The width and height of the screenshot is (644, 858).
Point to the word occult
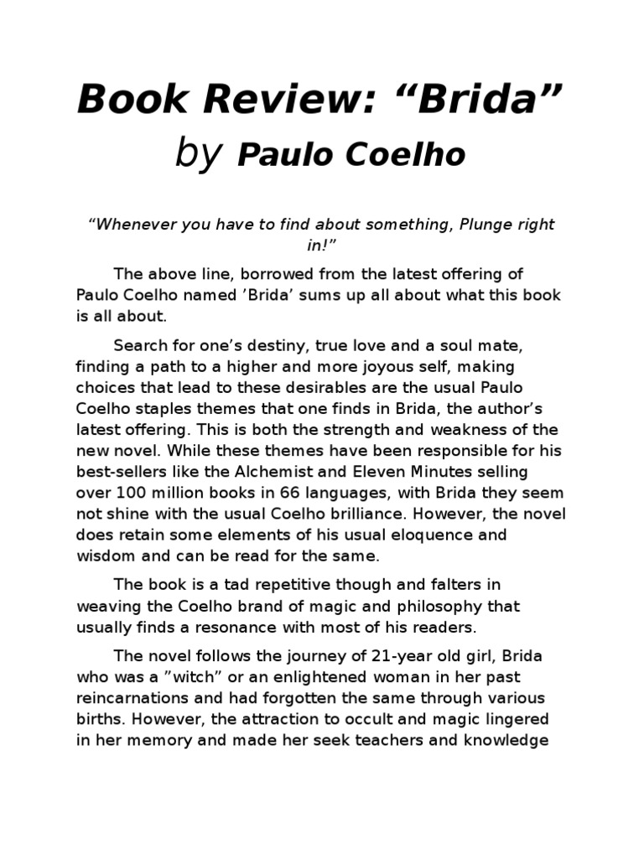pyautogui.click(x=330, y=720)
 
